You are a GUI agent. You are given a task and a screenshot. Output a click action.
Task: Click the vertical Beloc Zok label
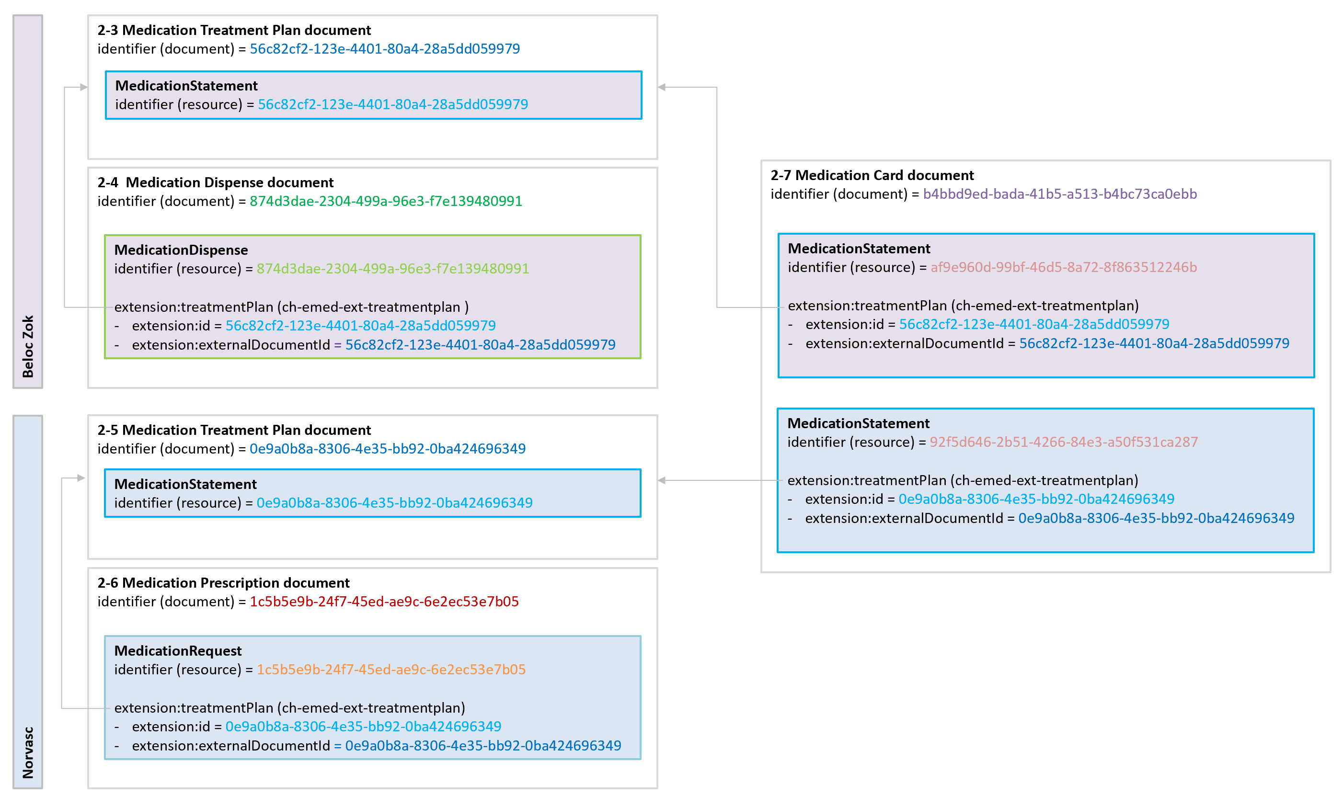pyautogui.click(x=28, y=346)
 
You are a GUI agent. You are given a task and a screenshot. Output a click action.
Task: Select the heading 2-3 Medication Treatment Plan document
pyautogui.click(x=234, y=30)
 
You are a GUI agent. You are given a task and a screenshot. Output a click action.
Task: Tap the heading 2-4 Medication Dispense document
pyautogui.click(x=215, y=182)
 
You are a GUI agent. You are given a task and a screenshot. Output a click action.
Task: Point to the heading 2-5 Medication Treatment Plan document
pyautogui.click(x=234, y=430)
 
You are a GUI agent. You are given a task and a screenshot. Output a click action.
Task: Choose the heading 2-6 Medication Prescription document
pyautogui.click(x=223, y=583)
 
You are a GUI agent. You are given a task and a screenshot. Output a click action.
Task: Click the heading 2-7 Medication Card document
pyautogui.click(x=872, y=175)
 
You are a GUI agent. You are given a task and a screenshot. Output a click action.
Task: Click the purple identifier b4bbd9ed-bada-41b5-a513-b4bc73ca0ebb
pyautogui.click(x=1060, y=194)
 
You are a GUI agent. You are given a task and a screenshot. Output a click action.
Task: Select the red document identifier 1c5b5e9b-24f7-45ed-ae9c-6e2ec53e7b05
pyautogui.click(x=384, y=602)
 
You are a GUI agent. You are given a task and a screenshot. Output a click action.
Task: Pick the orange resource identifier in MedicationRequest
pyautogui.click(x=391, y=670)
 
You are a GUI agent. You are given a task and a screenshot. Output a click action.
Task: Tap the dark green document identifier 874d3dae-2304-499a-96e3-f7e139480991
pyautogui.click(x=386, y=201)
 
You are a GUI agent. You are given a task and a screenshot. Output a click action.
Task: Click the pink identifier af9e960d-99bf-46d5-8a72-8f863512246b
pyautogui.click(x=1064, y=267)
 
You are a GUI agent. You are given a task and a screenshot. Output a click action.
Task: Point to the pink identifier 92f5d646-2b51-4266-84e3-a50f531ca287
pyautogui.click(x=1064, y=442)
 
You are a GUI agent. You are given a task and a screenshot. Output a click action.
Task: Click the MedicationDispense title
pyautogui.click(x=181, y=250)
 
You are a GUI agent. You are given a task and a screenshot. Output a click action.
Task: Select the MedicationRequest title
pyautogui.click(x=178, y=651)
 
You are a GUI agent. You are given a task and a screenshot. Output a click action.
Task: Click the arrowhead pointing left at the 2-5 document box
pyautogui.click(x=662, y=480)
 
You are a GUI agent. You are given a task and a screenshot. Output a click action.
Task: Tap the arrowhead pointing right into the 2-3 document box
pyautogui.click(x=84, y=87)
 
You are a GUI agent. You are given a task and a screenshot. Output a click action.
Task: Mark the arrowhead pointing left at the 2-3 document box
pyautogui.click(x=662, y=87)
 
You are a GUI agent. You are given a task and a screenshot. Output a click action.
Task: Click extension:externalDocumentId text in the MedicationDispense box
pyautogui.click(x=231, y=345)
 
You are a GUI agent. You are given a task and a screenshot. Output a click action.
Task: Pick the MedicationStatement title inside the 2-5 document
pyautogui.click(x=185, y=484)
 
